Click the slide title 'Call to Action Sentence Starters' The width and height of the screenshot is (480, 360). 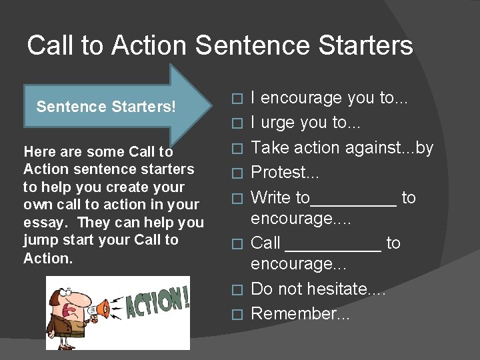tap(220, 45)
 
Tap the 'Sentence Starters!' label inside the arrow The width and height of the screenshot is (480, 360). tap(106, 107)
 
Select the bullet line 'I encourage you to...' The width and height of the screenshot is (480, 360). tap(329, 98)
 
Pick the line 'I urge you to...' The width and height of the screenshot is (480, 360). tap(311, 123)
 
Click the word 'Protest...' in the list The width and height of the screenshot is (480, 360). tap(285, 172)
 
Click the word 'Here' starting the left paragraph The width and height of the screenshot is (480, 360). tap(37, 153)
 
